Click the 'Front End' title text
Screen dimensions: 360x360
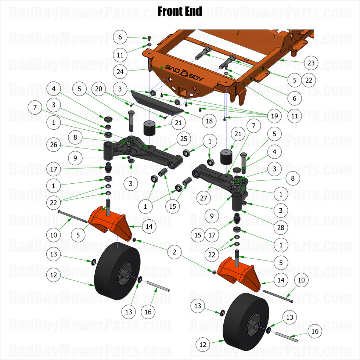[x=180, y=11]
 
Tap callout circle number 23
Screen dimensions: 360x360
[x=311, y=63]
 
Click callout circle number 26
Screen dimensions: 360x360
[x=54, y=145]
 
